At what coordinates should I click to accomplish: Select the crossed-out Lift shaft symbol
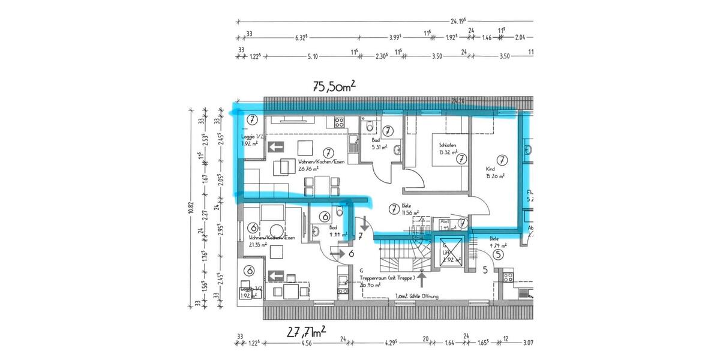452,253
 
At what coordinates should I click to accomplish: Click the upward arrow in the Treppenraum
421,279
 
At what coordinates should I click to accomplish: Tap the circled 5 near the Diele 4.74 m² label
497,254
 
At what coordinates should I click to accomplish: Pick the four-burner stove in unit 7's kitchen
338,122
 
